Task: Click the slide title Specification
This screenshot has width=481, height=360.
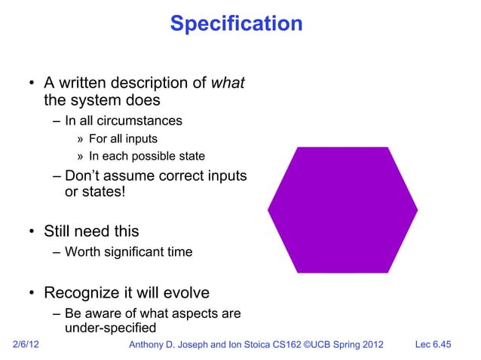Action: (x=236, y=23)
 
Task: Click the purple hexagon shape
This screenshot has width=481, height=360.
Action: (x=342, y=209)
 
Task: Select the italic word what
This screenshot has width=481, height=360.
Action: (x=228, y=83)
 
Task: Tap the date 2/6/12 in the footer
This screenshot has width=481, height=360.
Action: (x=27, y=345)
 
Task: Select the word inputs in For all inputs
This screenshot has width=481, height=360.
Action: (x=141, y=139)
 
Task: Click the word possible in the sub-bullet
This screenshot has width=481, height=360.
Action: (x=157, y=157)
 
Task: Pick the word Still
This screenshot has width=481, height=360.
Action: (x=60, y=231)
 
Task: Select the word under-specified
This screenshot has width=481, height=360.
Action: (x=111, y=328)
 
